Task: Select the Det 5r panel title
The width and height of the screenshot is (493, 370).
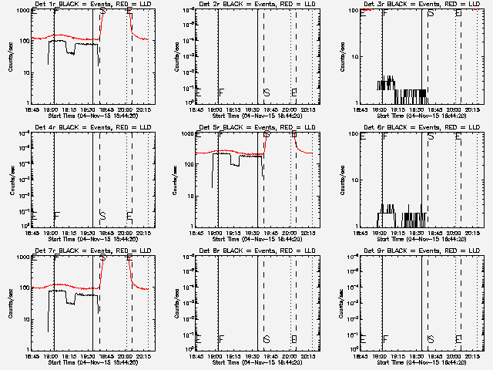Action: coord(252,128)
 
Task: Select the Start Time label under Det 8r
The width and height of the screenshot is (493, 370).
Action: coord(252,362)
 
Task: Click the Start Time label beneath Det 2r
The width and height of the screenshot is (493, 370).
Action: coord(252,116)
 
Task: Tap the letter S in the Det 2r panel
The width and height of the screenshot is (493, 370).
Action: coord(267,92)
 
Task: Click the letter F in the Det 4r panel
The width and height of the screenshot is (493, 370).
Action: coord(55,216)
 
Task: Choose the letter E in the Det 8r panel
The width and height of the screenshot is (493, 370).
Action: coord(294,339)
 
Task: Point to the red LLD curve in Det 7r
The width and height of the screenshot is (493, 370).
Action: coord(77,285)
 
